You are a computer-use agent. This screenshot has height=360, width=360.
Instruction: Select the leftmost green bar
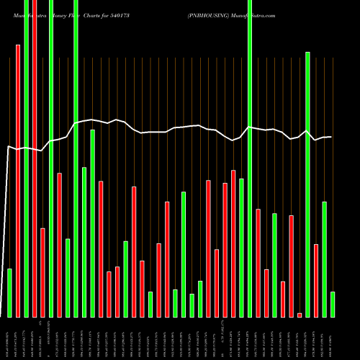point(9,292)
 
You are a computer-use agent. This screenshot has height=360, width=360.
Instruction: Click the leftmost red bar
point(18,180)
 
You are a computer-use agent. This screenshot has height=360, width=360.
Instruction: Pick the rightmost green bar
point(333,304)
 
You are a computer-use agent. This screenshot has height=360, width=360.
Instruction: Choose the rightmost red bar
point(316,280)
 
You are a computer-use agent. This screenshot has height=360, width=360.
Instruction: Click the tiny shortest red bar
point(300,315)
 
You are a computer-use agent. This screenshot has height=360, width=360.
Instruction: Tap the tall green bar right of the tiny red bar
point(308,184)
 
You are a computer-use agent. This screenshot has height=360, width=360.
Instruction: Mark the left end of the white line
point(7,147)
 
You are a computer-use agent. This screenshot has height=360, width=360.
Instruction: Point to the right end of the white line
point(331,137)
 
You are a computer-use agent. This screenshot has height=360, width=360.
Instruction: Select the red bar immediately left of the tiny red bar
point(292,266)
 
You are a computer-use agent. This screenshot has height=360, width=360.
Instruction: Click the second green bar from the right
point(325,259)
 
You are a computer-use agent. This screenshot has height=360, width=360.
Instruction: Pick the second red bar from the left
point(35,158)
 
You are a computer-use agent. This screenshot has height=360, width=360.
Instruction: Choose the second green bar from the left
point(26,158)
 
